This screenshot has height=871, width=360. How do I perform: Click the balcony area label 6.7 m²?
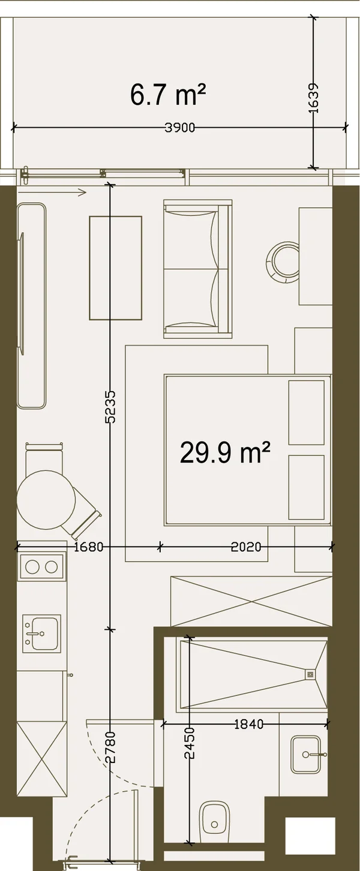coord(167,95)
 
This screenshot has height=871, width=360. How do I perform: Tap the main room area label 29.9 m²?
coord(225,453)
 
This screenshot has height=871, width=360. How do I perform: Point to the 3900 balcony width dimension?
coord(179,128)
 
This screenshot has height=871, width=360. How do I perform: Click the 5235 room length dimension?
coord(110,407)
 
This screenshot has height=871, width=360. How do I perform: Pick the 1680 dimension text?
coord(88,547)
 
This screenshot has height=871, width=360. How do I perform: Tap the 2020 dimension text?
coord(246,547)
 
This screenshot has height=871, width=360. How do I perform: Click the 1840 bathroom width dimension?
coord(248,725)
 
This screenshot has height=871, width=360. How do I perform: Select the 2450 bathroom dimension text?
coord(190,743)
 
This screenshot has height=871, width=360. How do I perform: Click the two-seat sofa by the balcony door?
coord(197,269)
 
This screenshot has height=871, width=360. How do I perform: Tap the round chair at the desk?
coord(283,263)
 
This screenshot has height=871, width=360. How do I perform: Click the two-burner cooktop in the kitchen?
coord(41,567)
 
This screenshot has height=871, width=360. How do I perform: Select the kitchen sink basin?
coord(41,633)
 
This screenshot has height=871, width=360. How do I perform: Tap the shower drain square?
coord(310,675)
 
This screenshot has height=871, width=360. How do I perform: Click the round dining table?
coord(46,500)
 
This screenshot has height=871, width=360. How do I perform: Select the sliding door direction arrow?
coord(52,192)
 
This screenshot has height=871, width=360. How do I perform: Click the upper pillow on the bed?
coord(307,413)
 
